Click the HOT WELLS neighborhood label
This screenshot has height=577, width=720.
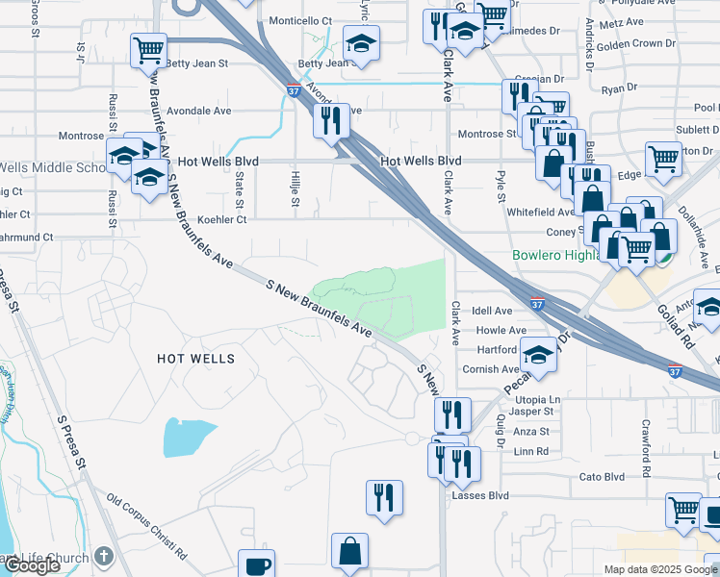coord(195,359)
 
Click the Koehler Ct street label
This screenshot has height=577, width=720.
coord(221,219)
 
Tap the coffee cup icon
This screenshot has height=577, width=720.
coord(256,564)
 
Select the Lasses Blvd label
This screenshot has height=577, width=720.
coord(479,495)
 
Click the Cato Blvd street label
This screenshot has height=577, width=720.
coord(602,476)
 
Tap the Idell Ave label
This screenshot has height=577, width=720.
coord(493,311)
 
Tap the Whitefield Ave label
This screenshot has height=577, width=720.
coord(539,212)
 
